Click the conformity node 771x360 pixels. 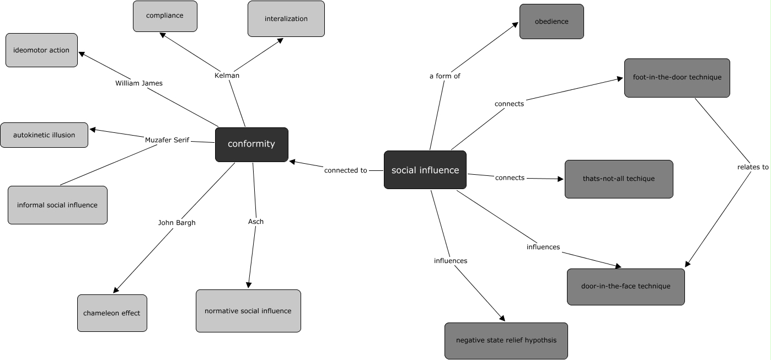pos(251,144)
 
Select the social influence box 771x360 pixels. pos(425,170)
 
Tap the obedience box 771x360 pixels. pos(552,22)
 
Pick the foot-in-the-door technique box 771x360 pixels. pos(677,78)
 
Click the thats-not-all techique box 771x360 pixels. pos(619,179)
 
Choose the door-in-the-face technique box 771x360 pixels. pos(626,287)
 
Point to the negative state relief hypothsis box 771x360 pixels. pos(506,341)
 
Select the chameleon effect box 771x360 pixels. pos(112,313)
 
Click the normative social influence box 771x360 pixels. pos(248,311)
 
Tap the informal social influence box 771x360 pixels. pos(57,205)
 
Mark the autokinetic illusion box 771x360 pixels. pos(44,135)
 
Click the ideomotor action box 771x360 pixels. pos(41,50)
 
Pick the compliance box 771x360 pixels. pos(165,16)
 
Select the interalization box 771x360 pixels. pos(286,19)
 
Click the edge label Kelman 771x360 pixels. pos(227,76)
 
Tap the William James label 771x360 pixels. pos(139,83)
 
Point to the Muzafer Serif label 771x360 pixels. pos(167,140)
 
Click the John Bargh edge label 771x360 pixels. pos(177,223)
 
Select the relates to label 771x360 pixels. pos(753,167)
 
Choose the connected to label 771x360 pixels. pos(346,170)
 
